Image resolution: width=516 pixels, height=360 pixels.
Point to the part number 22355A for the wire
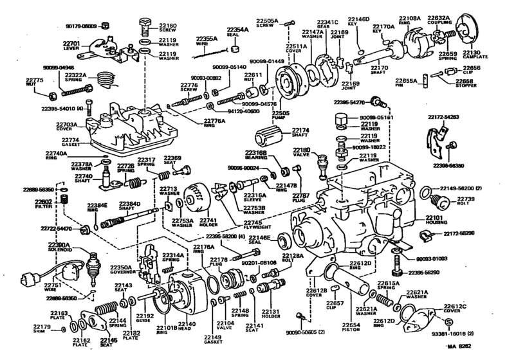207,39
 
